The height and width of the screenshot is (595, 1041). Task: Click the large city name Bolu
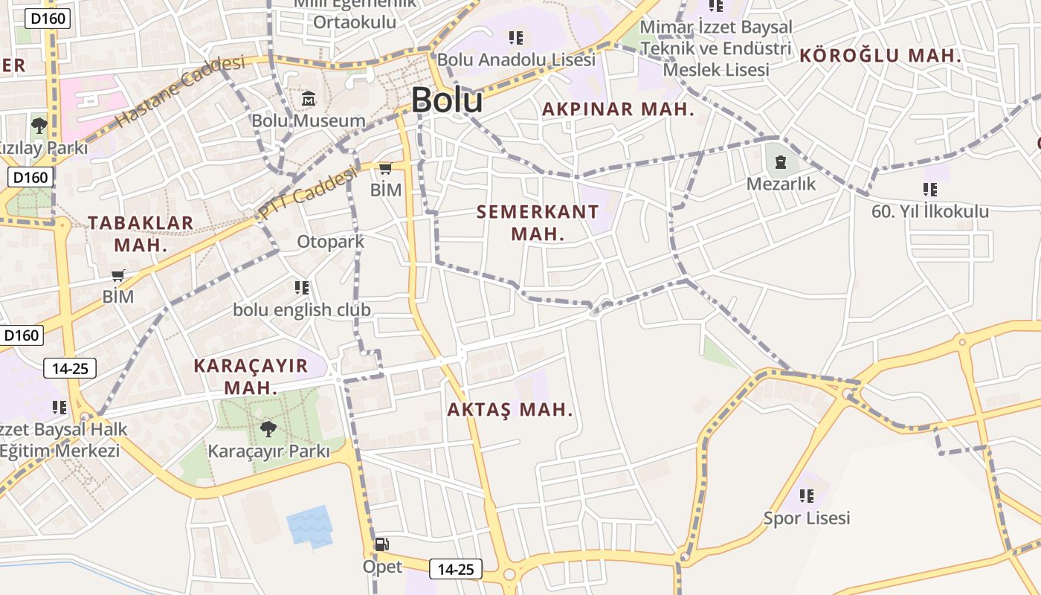pyautogui.click(x=446, y=100)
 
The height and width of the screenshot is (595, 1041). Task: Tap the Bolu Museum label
pyautogui.click(x=308, y=120)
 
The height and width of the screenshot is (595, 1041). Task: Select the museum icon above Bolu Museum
pyautogui.click(x=309, y=98)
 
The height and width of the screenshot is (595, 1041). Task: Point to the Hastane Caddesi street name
pyautogui.click(x=181, y=91)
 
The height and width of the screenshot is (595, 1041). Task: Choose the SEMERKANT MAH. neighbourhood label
pyautogui.click(x=537, y=222)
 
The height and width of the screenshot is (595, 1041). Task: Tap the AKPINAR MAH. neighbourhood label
pyautogui.click(x=618, y=109)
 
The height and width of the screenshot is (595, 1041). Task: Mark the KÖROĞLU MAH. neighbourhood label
pyautogui.click(x=880, y=55)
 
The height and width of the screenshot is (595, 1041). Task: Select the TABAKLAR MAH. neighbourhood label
pyautogui.click(x=141, y=233)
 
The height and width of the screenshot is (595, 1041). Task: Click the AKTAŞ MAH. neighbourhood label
pyautogui.click(x=510, y=409)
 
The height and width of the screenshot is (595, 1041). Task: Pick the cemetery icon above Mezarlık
pyautogui.click(x=780, y=161)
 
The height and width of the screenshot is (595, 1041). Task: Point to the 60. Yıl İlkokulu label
pyautogui.click(x=930, y=211)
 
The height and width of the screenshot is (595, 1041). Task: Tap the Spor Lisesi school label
pyautogui.click(x=807, y=518)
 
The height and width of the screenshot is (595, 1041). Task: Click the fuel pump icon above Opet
pyautogui.click(x=382, y=544)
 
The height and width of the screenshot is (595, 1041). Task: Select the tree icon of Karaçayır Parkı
pyautogui.click(x=268, y=429)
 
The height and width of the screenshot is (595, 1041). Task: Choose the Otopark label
pyautogui.click(x=331, y=242)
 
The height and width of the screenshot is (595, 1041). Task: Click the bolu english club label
pyautogui.click(x=302, y=309)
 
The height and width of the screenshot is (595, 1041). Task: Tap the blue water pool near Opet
pyautogui.click(x=309, y=526)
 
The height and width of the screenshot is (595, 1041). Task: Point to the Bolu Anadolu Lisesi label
pyautogui.click(x=516, y=59)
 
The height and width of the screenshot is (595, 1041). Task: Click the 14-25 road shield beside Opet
pyautogui.click(x=456, y=570)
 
